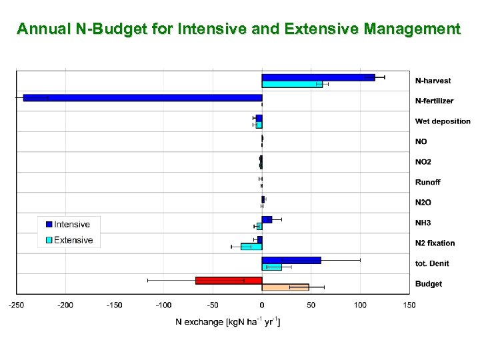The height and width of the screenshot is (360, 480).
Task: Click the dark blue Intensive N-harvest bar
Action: (x=318, y=77)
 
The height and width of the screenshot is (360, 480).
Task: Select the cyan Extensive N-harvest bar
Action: (x=291, y=84)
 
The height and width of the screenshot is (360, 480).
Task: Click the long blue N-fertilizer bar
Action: (x=142, y=98)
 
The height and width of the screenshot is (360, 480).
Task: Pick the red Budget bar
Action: (x=228, y=280)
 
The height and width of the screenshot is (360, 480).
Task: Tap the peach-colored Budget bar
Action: (x=285, y=287)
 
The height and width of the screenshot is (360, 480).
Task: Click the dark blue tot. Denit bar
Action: (x=291, y=260)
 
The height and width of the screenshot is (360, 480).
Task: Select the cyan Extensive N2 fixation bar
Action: (x=251, y=246)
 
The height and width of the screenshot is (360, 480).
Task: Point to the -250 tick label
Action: (x=16, y=305)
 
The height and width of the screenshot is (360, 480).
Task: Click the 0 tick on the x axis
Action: (x=262, y=305)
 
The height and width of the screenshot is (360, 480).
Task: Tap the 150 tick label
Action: (x=409, y=305)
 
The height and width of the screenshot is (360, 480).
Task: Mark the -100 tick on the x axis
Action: (x=163, y=305)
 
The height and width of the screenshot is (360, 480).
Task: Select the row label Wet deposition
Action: (x=443, y=121)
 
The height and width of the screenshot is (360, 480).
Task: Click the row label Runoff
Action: (x=427, y=182)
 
